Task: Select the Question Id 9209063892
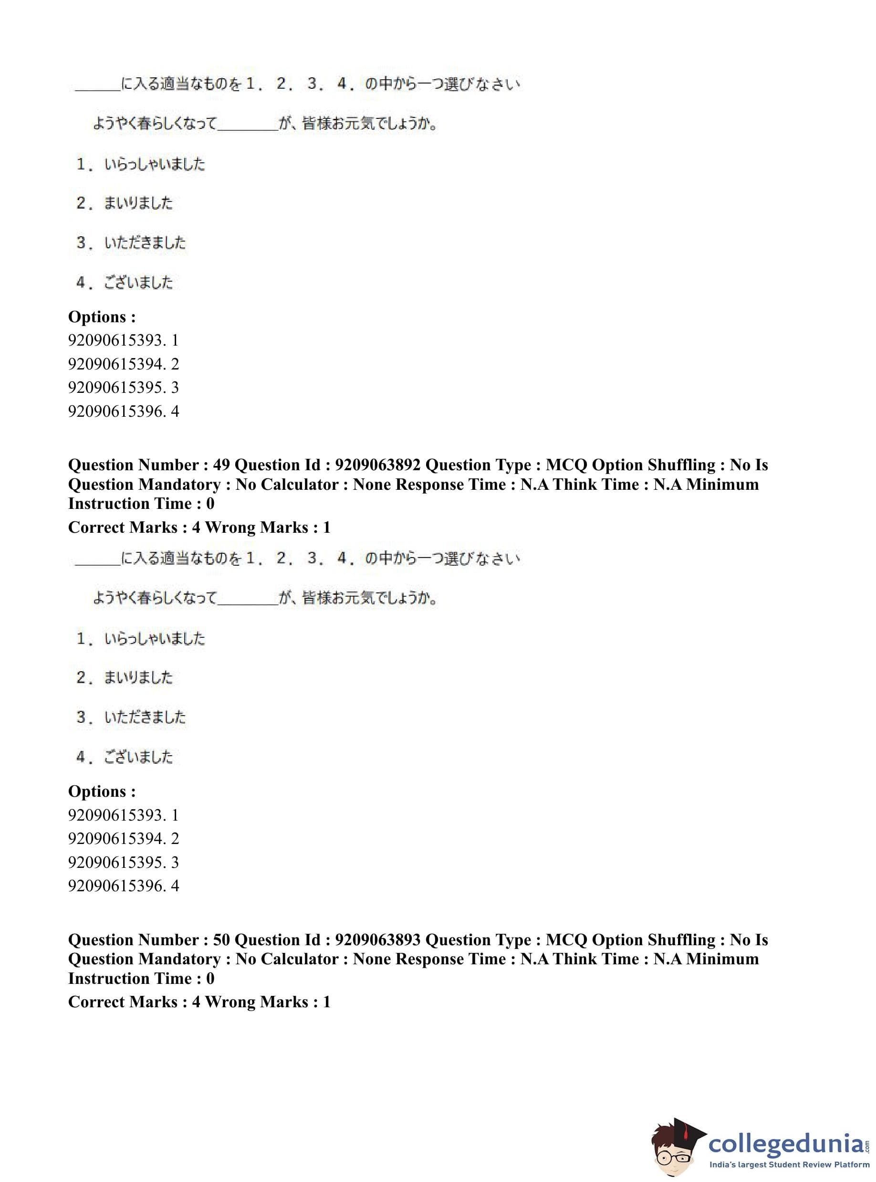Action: point(377,465)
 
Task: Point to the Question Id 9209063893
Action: point(377,940)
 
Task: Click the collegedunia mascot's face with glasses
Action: point(673,1151)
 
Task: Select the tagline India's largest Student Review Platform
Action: point(789,1165)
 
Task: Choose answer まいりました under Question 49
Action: point(138,677)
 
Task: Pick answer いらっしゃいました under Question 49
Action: point(154,638)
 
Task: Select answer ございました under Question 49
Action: point(138,757)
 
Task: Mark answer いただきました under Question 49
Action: point(145,717)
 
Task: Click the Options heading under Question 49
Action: point(102,792)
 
